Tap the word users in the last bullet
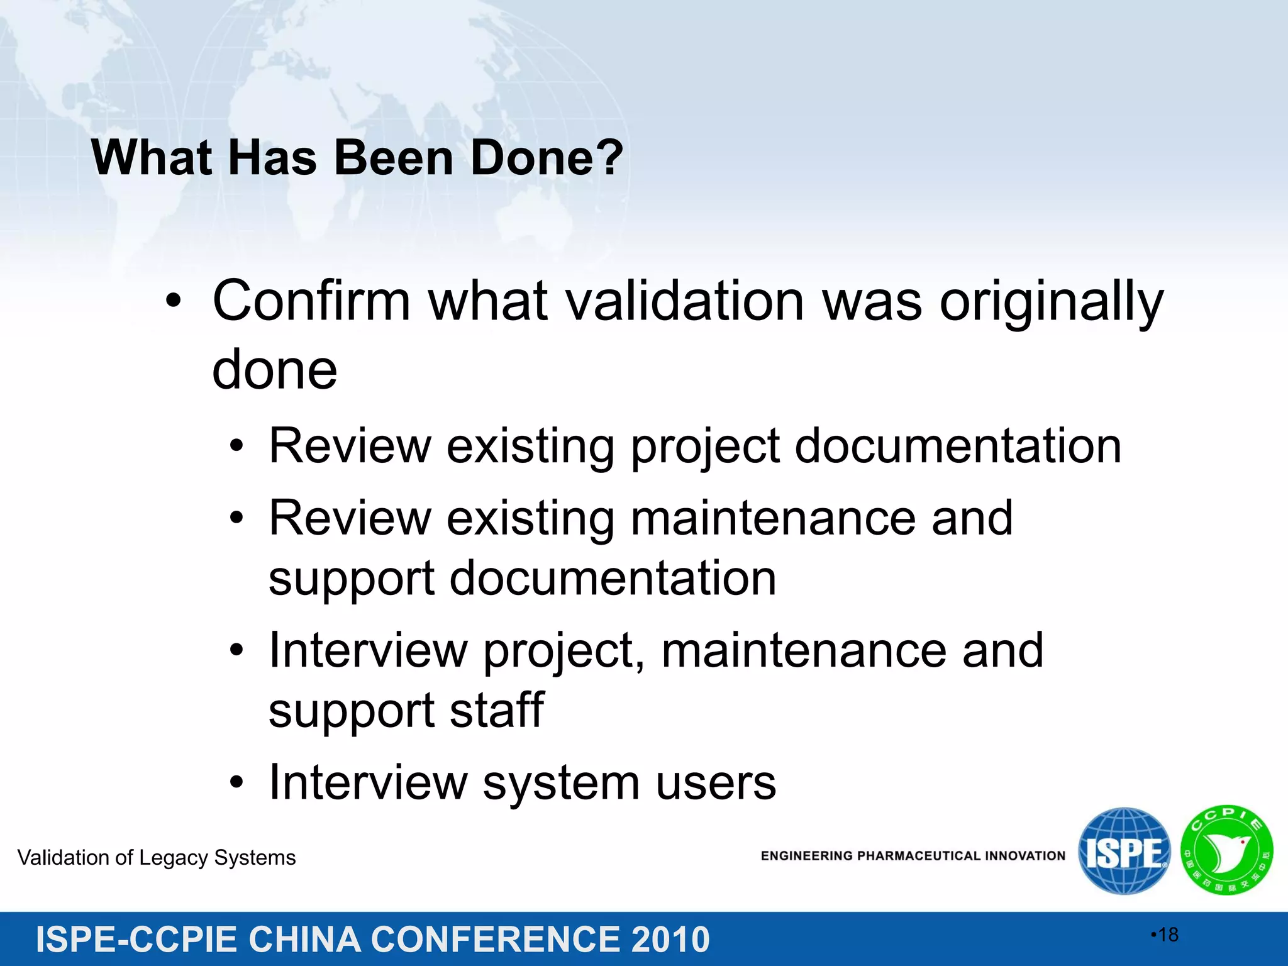(716, 782)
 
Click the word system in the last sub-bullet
(561, 784)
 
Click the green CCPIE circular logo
(1226, 850)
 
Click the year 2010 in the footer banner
(670, 940)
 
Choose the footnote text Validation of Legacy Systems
(157, 858)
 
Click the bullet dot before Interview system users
(236, 783)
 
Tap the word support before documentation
(351, 579)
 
